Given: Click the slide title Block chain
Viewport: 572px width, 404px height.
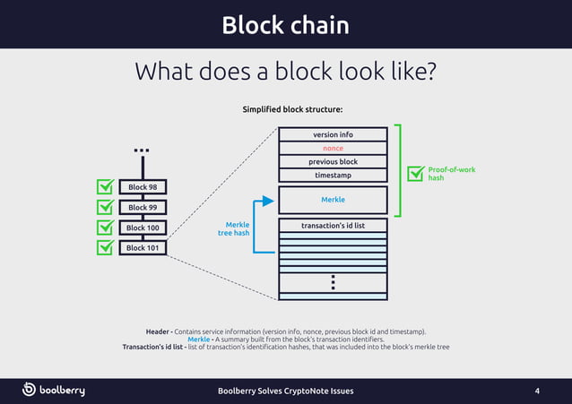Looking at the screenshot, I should coord(285,24).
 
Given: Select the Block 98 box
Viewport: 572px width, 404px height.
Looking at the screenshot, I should coord(143,187).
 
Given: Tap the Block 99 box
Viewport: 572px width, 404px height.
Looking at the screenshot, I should coord(143,208).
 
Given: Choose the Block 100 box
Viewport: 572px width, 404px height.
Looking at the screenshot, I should coord(143,228).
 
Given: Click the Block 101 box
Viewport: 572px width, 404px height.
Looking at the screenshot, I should coord(143,248).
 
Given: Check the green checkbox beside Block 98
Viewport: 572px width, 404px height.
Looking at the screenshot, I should coord(106,187).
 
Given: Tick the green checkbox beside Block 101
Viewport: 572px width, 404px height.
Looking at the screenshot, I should coord(106,247).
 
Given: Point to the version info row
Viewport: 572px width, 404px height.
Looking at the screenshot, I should coord(333,134).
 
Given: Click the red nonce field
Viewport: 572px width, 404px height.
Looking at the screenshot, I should coord(333,148).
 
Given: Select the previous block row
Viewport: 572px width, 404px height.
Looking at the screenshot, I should coord(333,161).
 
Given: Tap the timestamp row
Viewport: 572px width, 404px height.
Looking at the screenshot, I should coord(333,175).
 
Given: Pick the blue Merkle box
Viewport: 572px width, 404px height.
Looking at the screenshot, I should coord(333,200).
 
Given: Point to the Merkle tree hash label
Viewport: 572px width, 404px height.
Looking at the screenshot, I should coord(234,229).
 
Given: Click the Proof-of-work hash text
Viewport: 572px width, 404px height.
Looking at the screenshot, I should coord(451,173).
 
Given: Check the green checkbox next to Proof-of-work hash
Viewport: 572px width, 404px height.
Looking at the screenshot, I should coord(415,174).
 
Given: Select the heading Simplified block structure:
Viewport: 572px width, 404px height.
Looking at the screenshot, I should coord(293,109).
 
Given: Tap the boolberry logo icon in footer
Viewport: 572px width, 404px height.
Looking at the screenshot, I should coord(30,390).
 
